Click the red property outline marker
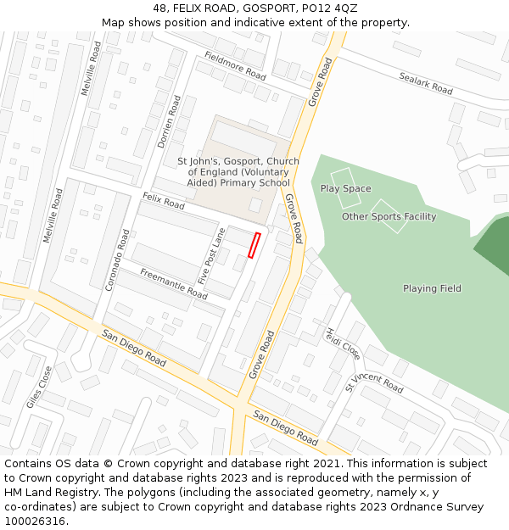tap(254, 245)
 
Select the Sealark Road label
tap(426, 82)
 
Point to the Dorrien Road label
tap(170, 122)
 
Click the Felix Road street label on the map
tap(164, 201)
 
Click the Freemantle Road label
tap(174, 283)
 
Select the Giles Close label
tap(39, 387)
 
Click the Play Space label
tap(345, 188)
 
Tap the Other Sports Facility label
tap(389, 216)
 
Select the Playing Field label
tap(432, 288)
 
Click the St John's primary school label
tap(238, 171)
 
